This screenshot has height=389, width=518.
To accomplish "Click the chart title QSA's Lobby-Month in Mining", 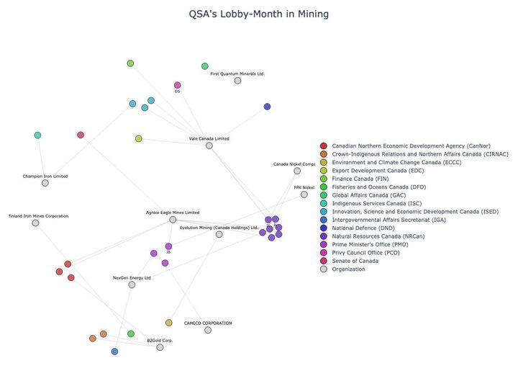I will coord(258,14).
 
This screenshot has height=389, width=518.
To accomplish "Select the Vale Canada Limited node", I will coord(209,146).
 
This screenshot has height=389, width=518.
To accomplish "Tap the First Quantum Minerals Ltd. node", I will coord(237,81).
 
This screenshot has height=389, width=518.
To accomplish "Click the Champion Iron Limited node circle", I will coord(45,183).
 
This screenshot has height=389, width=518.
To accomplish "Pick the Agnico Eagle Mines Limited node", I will coord(173,220).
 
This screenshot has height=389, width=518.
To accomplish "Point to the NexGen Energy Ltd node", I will coord(132,285).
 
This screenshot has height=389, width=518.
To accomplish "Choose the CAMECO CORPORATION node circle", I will coord(208,330).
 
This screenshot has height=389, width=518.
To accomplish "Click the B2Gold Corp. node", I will coord(160,347).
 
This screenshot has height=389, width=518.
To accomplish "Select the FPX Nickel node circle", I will coord(304,194).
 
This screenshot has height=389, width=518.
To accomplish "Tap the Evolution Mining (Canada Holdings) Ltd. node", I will coord(219,234).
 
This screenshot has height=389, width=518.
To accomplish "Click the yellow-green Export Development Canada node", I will coord(139,138).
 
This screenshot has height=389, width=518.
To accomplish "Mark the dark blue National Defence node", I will coord(267,107).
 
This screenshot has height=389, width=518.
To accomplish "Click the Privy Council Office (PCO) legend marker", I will coord(324,253).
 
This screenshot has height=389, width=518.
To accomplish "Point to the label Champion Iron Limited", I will coord(45,176).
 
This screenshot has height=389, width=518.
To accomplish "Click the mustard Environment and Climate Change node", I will coord(169,323).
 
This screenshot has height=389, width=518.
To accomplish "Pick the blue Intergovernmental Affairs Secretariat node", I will coord(114,352).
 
